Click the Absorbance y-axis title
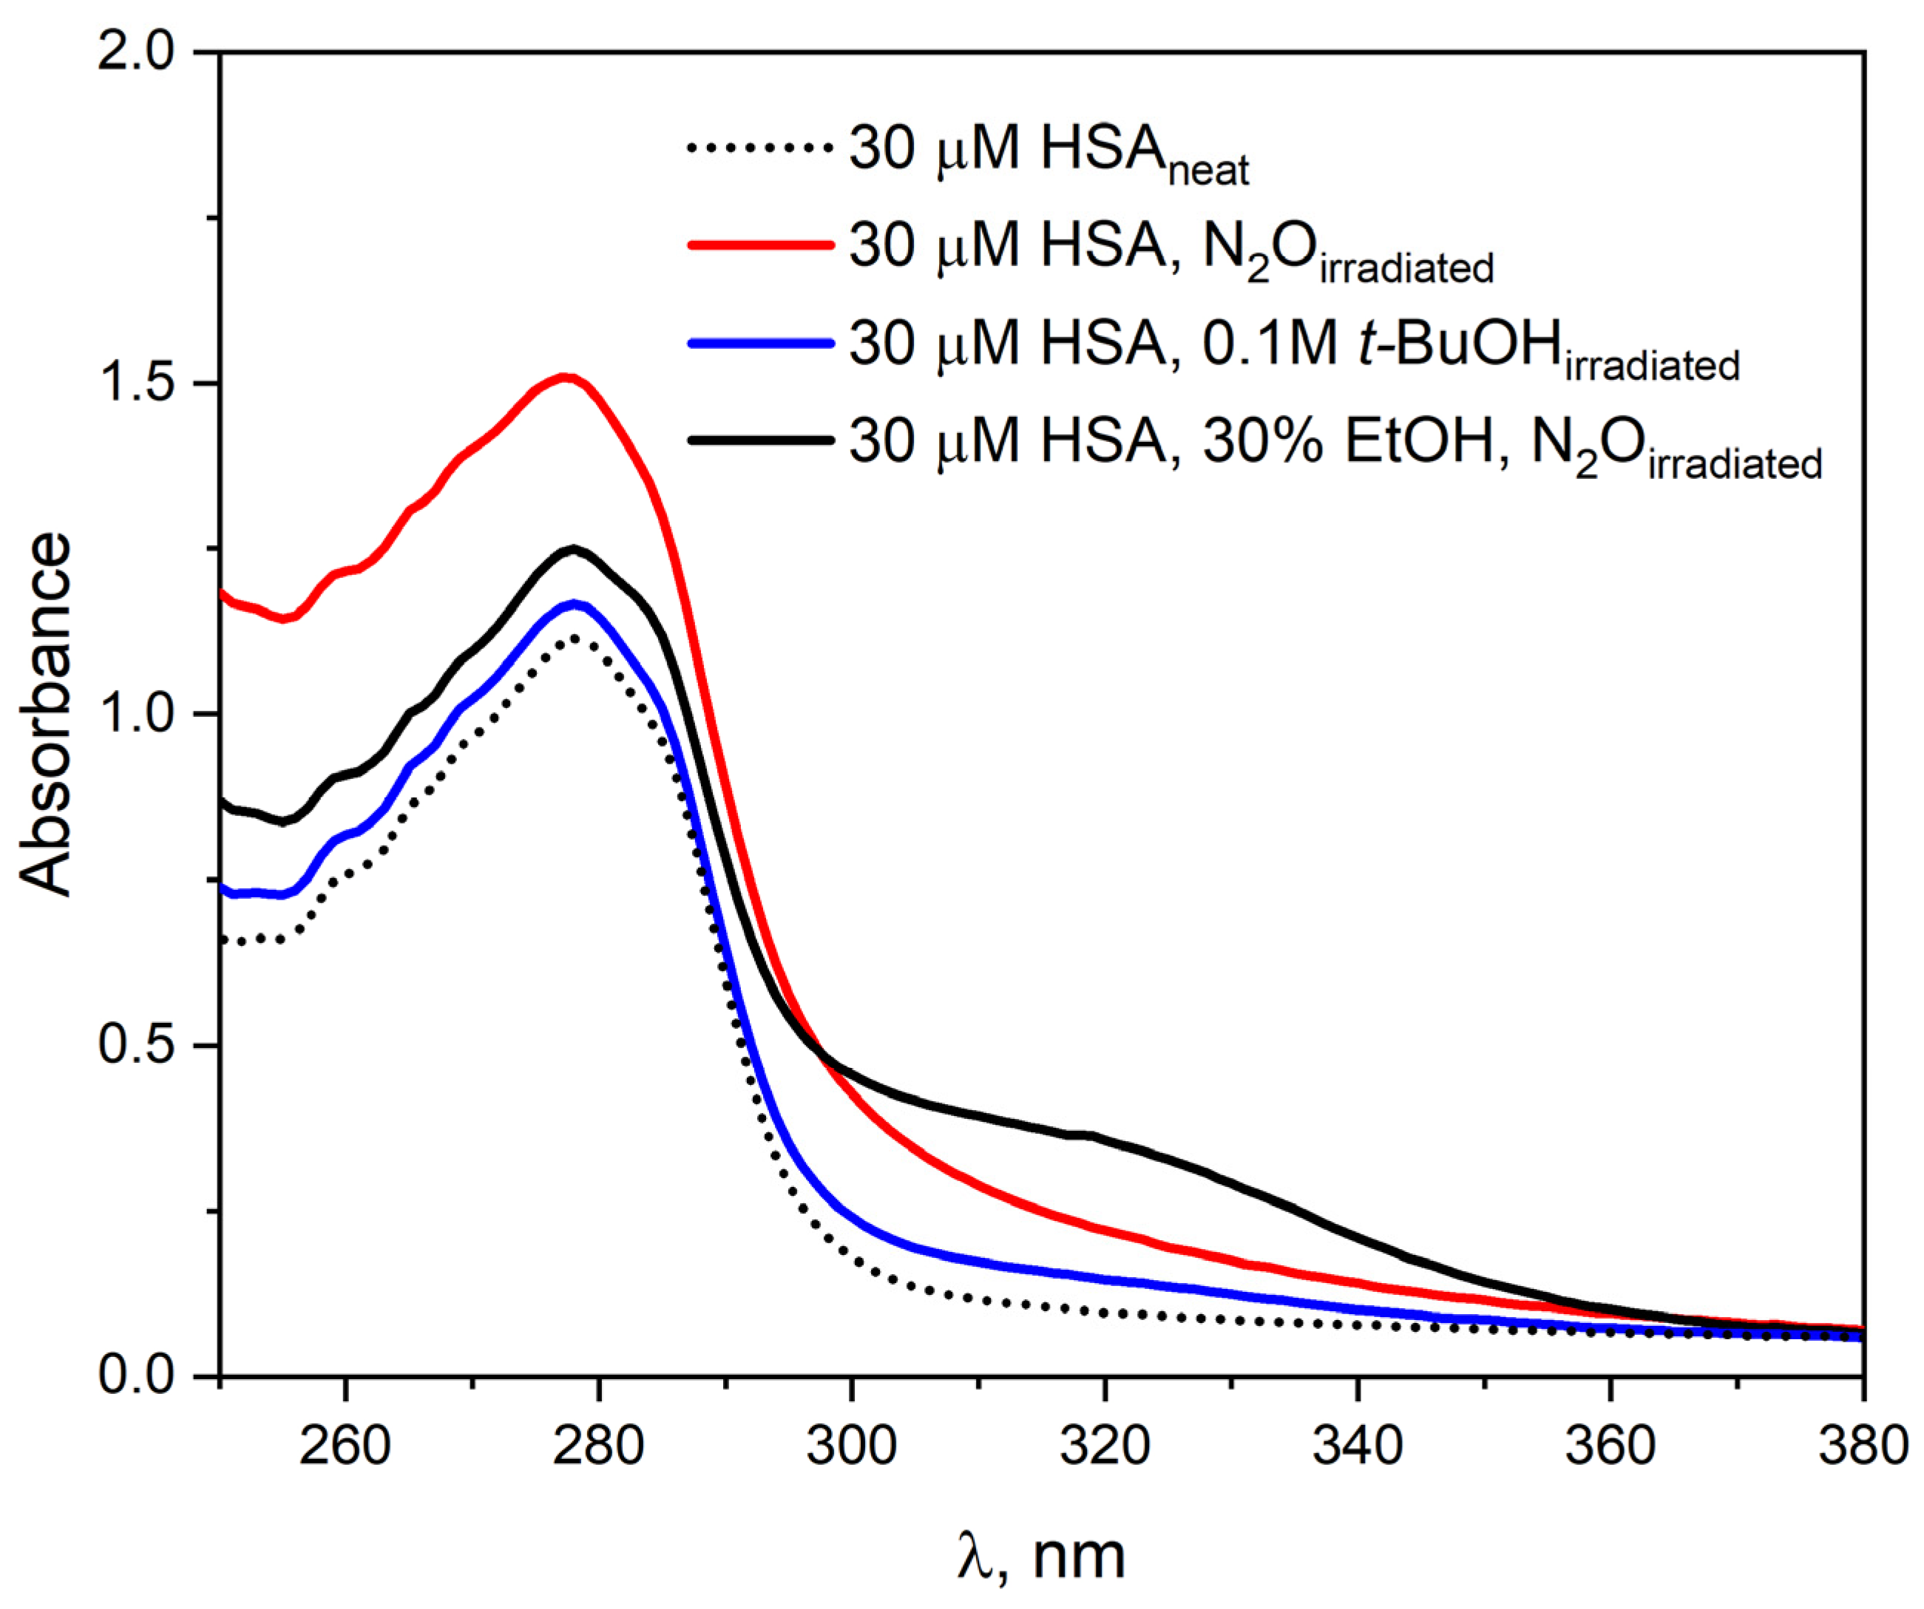(46, 714)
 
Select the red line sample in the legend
(759, 245)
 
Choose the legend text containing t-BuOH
(1292, 346)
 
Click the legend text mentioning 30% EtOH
(1333, 445)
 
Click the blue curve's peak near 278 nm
(575, 604)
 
